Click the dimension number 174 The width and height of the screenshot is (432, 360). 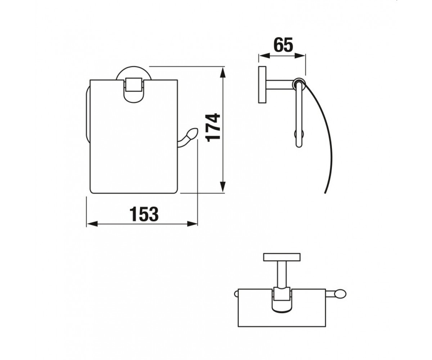pos(213,128)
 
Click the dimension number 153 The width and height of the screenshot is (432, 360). pos(144,214)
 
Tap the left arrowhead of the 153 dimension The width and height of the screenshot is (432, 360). pos(92,224)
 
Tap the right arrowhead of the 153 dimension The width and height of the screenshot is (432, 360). pos(192,224)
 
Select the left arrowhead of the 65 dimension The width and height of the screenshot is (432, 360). pos(264,55)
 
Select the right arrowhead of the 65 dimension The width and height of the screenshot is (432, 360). pos(300,55)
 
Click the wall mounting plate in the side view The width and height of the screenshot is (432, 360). pos(262,85)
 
